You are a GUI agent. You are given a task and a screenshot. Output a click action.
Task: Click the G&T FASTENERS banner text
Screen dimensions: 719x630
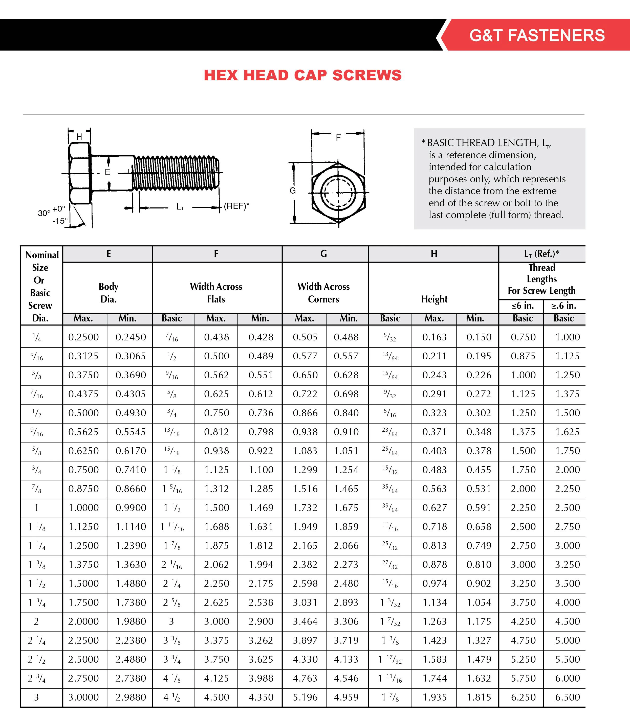(537, 35)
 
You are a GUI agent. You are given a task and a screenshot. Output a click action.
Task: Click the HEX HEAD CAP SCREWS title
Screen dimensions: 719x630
(303, 75)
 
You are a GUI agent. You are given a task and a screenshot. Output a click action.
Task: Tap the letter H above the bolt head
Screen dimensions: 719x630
(79, 137)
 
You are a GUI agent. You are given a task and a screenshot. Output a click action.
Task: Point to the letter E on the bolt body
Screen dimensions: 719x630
(107, 172)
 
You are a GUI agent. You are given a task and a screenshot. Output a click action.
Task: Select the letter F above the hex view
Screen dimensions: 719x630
(338, 138)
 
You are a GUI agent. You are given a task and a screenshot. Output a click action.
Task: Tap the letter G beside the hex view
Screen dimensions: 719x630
(293, 191)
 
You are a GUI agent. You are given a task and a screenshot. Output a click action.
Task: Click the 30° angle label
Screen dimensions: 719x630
(44, 213)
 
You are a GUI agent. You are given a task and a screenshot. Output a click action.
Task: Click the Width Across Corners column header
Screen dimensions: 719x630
(323, 293)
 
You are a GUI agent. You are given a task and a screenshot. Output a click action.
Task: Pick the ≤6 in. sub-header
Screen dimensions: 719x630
(523, 306)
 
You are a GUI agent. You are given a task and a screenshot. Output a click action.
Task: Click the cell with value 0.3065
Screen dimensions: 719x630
(131, 356)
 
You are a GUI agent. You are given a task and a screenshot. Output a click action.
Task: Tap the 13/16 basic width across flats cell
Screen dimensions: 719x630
(171, 432)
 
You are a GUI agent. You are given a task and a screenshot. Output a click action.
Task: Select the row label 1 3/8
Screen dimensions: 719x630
(37, 564)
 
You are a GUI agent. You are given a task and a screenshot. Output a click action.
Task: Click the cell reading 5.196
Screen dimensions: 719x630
(305, 697)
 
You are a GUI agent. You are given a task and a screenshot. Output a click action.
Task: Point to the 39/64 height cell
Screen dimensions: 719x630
(390, 508)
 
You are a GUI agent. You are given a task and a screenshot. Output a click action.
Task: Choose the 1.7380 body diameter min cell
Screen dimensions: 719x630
(131, 602)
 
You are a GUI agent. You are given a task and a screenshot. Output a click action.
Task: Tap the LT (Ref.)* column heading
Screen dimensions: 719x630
(541, 253)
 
